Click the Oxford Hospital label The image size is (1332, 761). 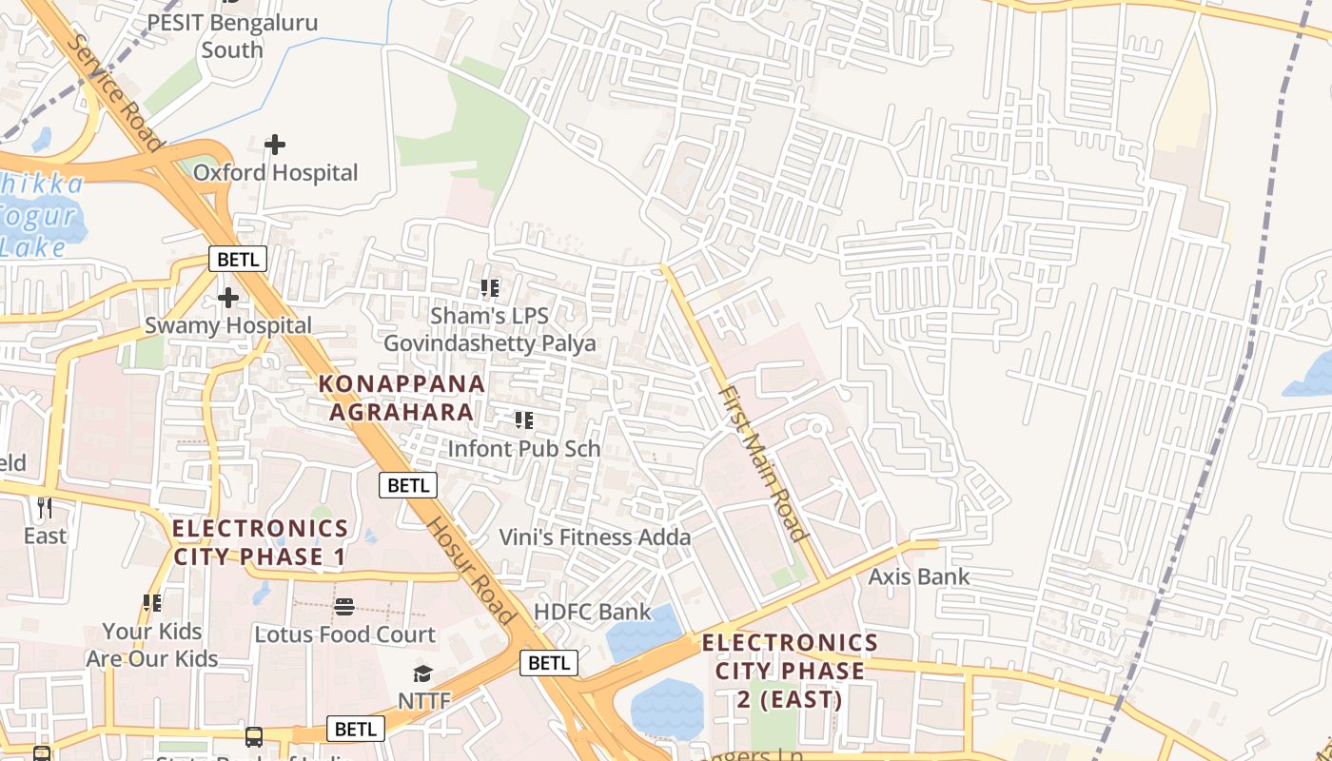click(x=276, y=173)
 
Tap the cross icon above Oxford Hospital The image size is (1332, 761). click(x=275, y=145)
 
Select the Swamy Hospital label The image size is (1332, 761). click(x=228, y=325)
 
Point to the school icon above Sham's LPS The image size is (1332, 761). click(x=490, y=287)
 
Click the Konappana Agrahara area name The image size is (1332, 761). click(x=402, y=398)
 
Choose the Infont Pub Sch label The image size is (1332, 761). click(x=523, y=448)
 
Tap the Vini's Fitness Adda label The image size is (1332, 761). click(x=595, y=537)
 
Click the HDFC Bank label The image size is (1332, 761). click(x=592, y=612)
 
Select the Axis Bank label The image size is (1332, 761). click(x=918, y=576)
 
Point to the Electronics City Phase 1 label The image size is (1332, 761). click(x=260, y=542)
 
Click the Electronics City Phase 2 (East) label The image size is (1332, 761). click(x=790, y=672)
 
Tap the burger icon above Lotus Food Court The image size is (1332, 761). click(x=344, y=606)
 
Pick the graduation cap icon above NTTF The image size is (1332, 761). click(x=422, y=673)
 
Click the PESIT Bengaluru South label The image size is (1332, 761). click(x=232, y=36)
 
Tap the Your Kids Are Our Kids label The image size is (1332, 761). click(x=152, y=645)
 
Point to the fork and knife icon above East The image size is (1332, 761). click(x=45, y=507)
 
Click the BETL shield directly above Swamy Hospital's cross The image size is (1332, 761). click(x=238, y=259)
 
